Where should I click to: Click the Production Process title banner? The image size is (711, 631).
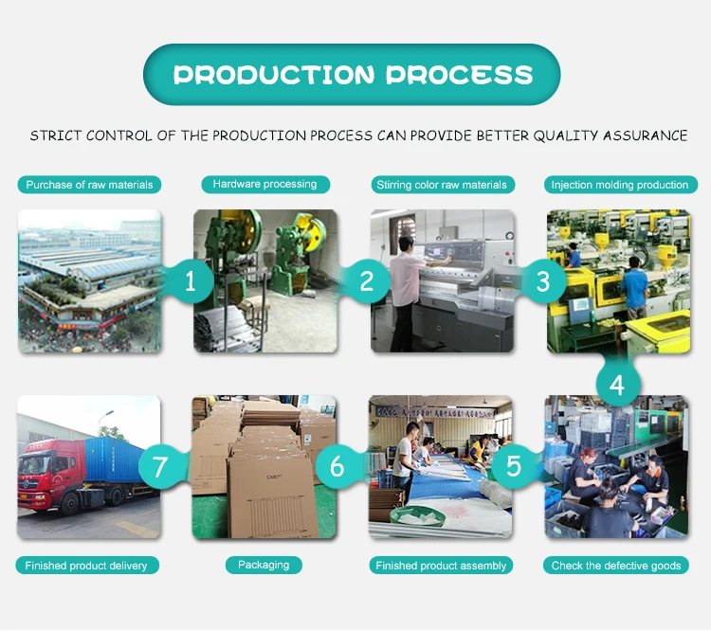[352, 74]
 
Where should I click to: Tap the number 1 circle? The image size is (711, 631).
[191, 280]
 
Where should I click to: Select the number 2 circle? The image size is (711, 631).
[367, 280]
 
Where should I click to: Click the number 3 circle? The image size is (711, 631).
[543, 280]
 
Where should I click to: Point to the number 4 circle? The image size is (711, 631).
[617, 385]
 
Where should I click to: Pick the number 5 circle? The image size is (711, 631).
[514, 466]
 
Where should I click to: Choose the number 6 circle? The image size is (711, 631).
[337, 466]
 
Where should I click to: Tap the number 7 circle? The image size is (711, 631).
[159, 466]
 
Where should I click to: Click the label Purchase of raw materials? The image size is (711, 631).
[89, 185]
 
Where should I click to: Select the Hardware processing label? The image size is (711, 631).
[264, 184]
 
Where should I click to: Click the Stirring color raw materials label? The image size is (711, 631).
[442, 185]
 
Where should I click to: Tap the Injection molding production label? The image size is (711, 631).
[620, 185]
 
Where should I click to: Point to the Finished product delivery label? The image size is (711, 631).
[86, 566]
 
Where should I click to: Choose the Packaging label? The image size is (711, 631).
[264, 565]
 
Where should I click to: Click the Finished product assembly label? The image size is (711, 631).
[441, 566]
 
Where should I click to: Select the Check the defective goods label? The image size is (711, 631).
[616, 566]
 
